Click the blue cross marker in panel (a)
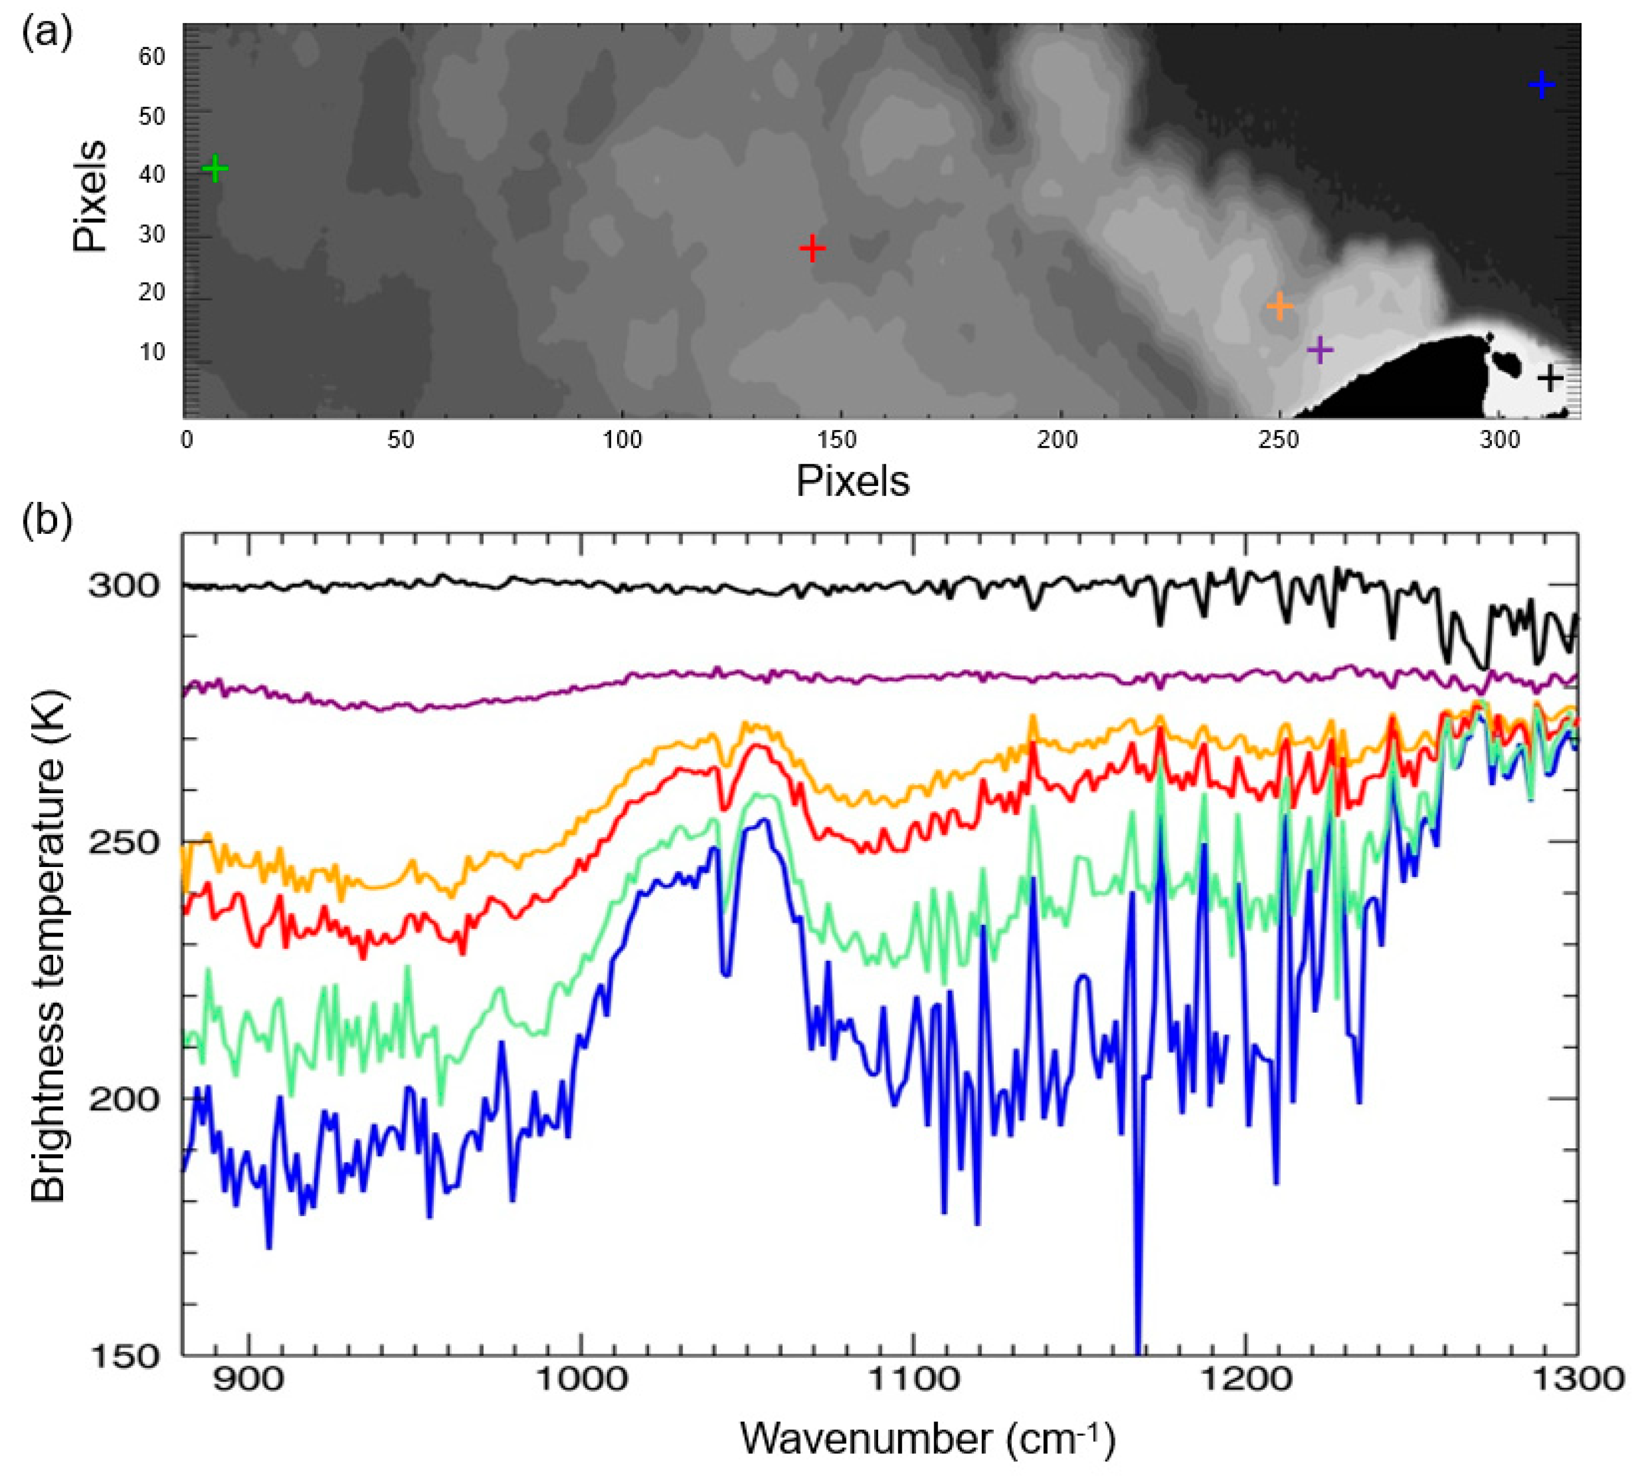[x=1541, y=86]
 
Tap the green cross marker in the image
[x=215, y=169]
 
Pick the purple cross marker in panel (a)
[x=1320, y=350]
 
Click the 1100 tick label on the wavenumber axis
[x=914, y=1379]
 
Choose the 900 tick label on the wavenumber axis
[x=248, y=1379]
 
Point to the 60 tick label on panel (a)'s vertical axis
[x=152, y=56]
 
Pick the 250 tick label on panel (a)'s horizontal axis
[x=1278, y=439]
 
